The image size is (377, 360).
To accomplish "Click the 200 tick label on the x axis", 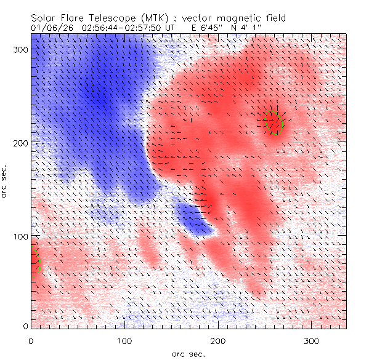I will pyautogui.click(x=218, y=340).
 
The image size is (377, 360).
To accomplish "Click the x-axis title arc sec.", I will pyautogui.click(x=188, y=353).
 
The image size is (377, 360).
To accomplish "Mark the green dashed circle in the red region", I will pyautogui.click(x=274, y=122).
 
